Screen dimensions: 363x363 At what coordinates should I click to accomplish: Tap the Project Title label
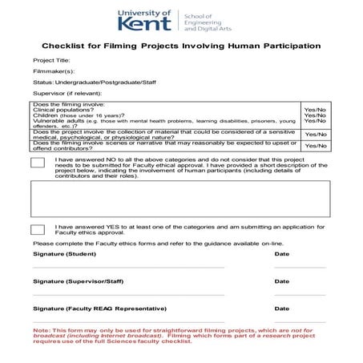(x=51, y=61)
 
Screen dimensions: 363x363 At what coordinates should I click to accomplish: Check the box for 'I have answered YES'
(x=38, y=229)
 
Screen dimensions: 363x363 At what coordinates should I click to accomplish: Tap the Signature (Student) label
(x=64, y=254)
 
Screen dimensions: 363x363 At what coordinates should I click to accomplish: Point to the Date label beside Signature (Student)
(x=282, y=254)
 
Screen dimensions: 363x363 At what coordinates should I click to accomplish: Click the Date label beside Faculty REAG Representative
(x=282, y=309)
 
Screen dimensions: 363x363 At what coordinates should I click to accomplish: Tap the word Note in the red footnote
(x=41, y=331)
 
